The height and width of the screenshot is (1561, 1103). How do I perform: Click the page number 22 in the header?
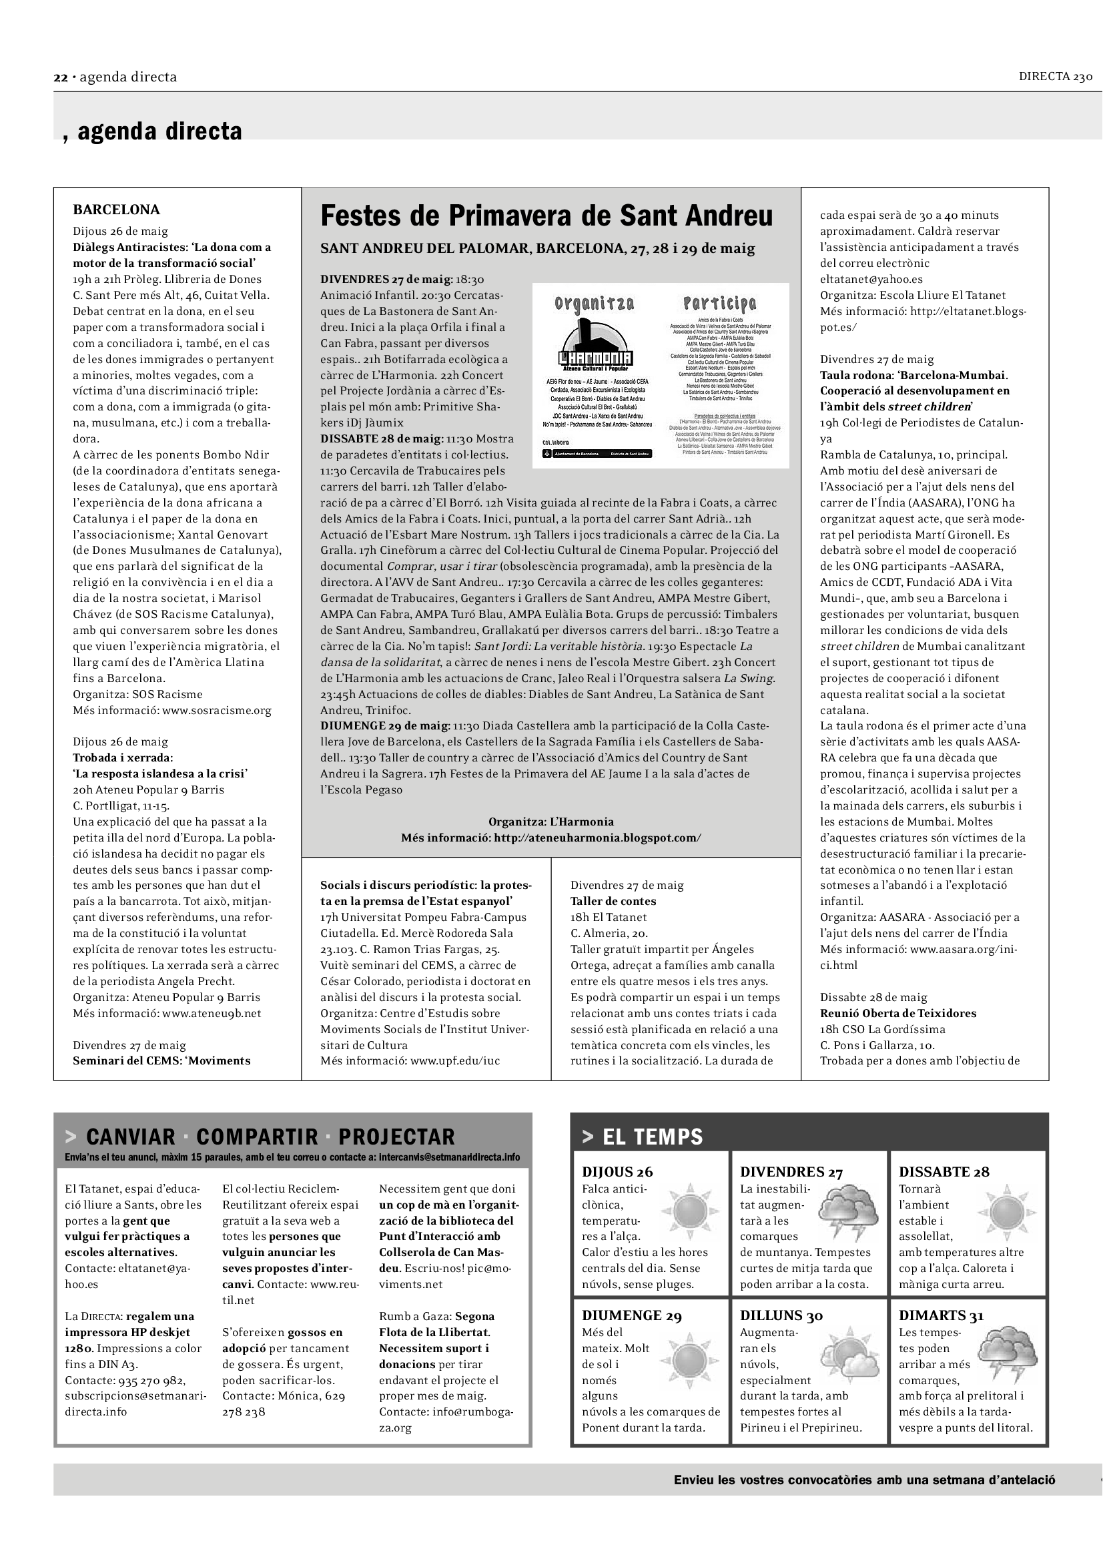point(61,77)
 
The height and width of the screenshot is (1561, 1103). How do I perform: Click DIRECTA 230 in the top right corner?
point(1055,77)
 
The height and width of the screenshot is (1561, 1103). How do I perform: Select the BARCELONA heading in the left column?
point(116,210)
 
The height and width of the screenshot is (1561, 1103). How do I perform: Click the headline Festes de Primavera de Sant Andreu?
point(546,216)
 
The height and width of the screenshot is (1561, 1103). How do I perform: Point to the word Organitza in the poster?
point(594,303)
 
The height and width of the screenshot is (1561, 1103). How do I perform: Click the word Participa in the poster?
point(719,303)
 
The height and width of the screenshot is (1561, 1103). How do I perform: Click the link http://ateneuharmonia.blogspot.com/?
point(597,838)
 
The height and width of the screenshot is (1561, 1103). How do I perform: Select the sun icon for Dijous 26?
point(690,1210)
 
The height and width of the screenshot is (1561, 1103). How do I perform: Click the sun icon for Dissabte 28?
point(1006,1211)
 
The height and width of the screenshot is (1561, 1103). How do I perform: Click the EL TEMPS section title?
point(653,1137)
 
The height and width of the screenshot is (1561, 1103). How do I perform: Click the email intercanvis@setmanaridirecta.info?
point(449,1157)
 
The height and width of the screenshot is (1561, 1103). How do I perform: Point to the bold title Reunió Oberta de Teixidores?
point(897,1013)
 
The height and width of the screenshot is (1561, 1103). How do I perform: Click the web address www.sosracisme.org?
point(217,711)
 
